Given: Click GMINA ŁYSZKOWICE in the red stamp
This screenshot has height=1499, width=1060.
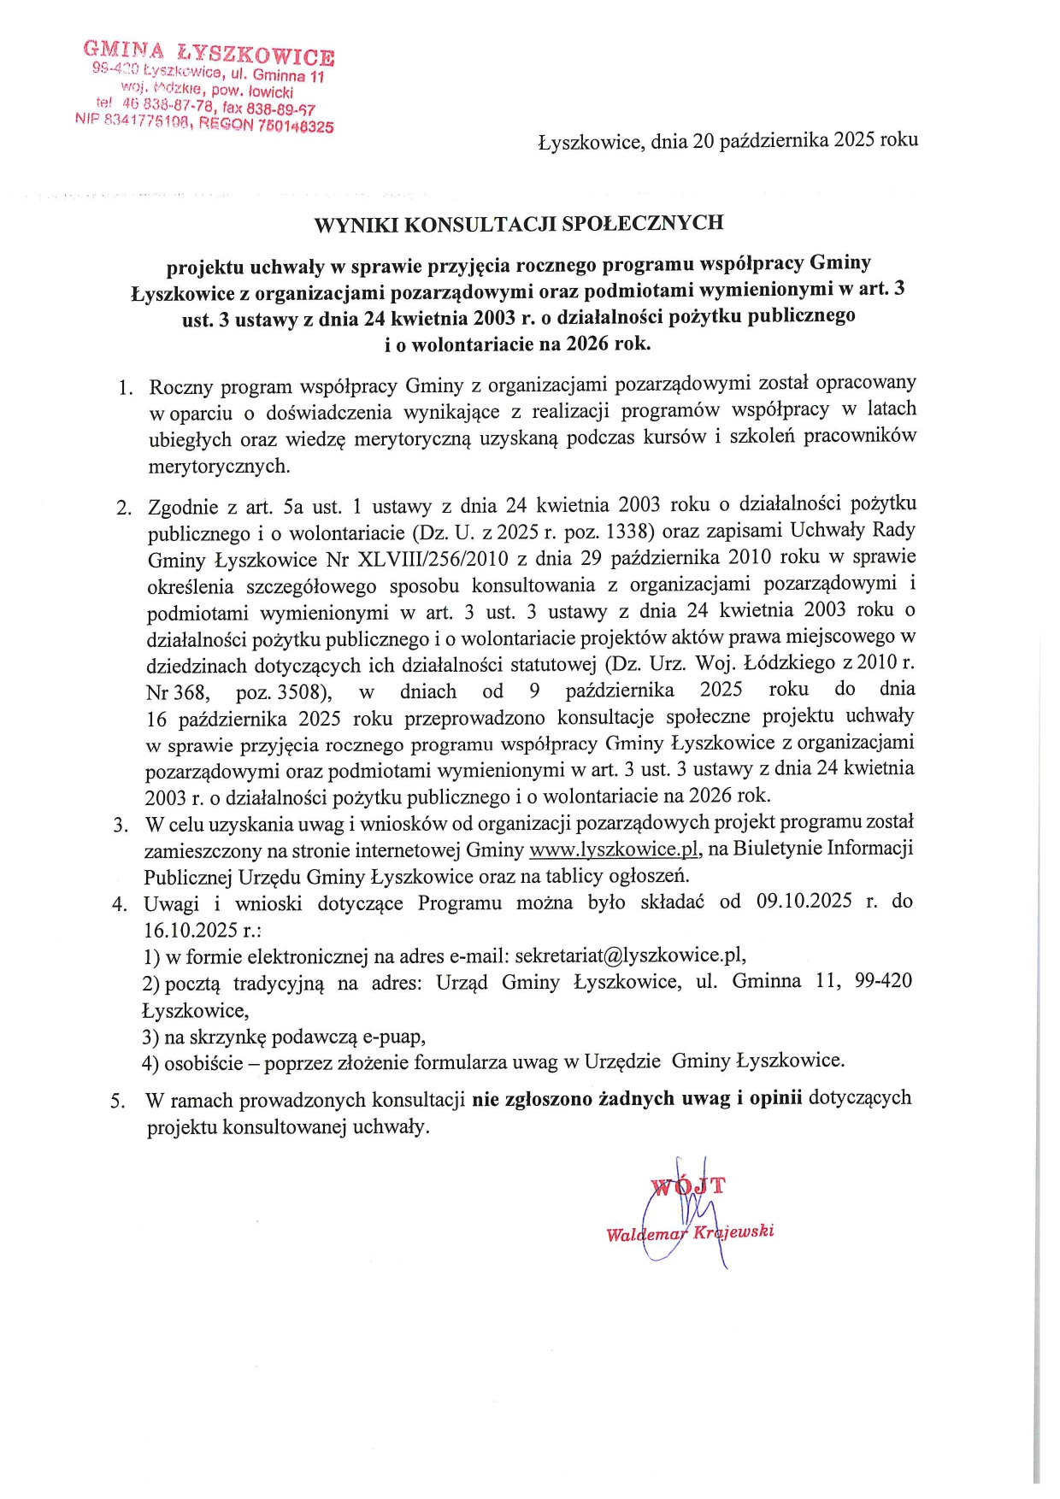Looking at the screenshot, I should tap(209, 54).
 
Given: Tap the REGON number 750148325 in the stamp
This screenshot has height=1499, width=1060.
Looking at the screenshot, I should tap(295, 126).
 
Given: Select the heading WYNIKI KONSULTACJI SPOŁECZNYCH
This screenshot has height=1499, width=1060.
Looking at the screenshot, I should tap(519, 224).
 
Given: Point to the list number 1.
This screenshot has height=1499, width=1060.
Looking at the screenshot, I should tap(126, 388).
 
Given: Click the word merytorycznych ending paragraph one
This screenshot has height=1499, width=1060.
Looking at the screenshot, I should tap(219, 467).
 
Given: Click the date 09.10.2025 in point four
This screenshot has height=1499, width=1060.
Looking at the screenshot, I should tap(804, 902).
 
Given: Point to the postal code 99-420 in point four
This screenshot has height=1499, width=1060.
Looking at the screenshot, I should tap(883, 981).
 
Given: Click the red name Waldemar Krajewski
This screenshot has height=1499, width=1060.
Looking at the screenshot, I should tap(689, 1232).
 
